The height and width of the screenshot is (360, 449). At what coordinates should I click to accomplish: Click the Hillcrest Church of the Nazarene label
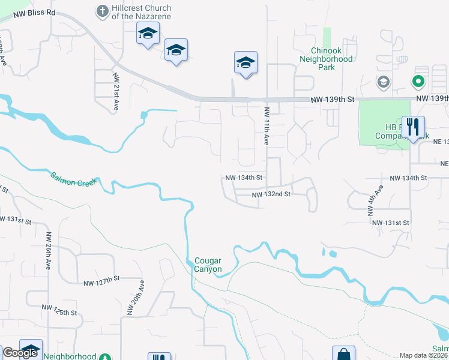[x=139, y=12]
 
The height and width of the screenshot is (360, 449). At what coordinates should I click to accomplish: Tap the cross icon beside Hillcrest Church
[x=101, y=11]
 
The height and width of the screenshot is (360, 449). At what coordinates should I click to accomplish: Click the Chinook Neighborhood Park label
[x=323, y=59]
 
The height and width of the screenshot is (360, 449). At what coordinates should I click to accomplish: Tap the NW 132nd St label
[x=271, y=194]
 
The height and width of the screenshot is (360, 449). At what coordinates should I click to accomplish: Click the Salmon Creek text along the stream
[x=73, y=178]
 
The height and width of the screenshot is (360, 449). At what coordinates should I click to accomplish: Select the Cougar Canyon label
[x=208, y=265]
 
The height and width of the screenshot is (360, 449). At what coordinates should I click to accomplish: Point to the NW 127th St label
[x=102, y=282]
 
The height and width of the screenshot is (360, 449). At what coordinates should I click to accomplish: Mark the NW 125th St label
[x=59, y=308]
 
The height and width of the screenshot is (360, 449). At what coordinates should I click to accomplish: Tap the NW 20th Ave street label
[x=136, y=298]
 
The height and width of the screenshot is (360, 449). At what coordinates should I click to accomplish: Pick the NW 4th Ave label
[x=375, y=201]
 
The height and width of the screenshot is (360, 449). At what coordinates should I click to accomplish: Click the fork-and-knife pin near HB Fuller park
[x=412, y=128]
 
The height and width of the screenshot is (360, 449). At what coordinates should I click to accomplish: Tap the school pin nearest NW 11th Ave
[x=246, y=63]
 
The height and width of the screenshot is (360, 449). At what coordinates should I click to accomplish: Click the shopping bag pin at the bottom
[x=343, y=354]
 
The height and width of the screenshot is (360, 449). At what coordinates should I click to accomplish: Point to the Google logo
[x=20, y=353]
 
